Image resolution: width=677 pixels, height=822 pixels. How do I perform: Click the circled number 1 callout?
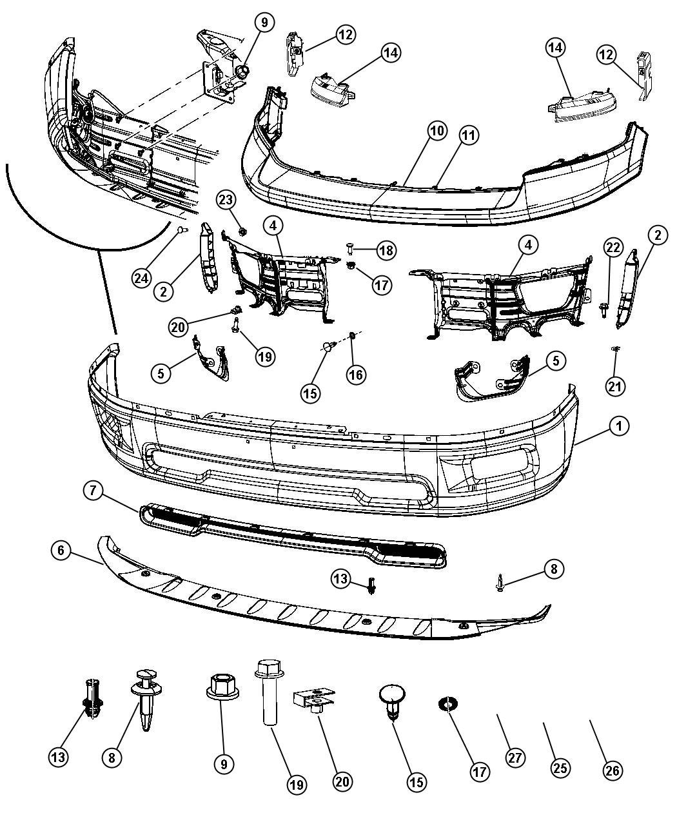(619, 426)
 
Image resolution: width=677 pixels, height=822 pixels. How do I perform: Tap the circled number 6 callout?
(61, 550)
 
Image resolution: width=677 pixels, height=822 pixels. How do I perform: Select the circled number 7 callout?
(93, 491)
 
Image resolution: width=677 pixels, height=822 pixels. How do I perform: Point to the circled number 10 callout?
(437, 131)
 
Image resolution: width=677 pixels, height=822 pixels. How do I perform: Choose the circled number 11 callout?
(468, 135)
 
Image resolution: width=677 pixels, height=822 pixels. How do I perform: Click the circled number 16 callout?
(356, 375)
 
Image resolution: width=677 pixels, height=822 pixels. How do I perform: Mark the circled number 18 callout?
(386, 250)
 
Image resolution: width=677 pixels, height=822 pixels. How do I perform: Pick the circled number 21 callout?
(615, 387)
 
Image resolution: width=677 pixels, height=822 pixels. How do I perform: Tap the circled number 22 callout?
(613, 248)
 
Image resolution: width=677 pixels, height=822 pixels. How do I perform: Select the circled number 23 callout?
(226, 200)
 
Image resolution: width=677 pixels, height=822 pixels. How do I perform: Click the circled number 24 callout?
(141, 279)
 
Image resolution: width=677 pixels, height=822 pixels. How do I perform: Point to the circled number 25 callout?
(560, 768)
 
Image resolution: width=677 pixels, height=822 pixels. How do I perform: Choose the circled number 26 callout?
(613, 770)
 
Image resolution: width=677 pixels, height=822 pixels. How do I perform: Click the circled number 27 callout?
(515, 758)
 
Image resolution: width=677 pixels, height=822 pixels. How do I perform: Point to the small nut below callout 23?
(242, 231)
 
